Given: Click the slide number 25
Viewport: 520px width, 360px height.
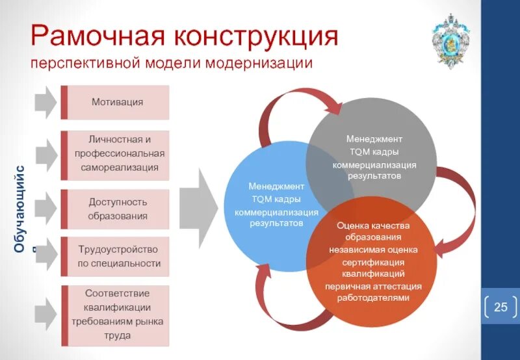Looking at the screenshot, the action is point(500,307).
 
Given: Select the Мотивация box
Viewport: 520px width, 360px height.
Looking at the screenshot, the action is point(117,102).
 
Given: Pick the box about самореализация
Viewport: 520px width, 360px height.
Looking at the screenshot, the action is point(117,154).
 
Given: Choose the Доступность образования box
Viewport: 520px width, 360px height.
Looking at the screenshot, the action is point(117,209).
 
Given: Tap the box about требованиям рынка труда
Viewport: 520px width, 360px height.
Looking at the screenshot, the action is point(117,315).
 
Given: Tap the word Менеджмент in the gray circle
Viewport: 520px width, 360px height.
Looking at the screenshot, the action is point(374,139).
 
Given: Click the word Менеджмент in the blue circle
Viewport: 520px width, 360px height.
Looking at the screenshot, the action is point(276,186).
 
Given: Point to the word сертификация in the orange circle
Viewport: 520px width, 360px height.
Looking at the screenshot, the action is point(372,262).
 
